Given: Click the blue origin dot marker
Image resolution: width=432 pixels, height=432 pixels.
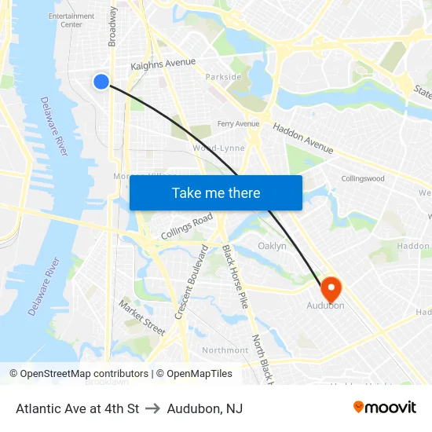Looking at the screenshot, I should coord(101,81).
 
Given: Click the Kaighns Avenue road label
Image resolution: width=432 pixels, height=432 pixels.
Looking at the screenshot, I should coord(163,65).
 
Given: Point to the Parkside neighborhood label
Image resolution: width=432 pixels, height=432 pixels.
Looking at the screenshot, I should coord(223,77).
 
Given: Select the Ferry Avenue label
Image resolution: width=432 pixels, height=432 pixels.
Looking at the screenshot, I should coord(238,124).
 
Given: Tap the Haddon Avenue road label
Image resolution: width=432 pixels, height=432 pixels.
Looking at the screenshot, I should coord(302,138).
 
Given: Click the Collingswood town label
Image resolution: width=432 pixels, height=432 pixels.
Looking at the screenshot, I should coord(363,178).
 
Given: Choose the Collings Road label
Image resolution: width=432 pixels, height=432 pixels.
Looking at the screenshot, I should coord(186,226).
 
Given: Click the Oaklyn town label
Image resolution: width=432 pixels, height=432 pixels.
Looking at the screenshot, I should coord(272,246).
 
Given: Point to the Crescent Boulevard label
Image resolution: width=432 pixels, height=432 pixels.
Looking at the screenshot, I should coord(191,281).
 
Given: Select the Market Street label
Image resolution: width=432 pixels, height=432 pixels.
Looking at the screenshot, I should coord(141,317).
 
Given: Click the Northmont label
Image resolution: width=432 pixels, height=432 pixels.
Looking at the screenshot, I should coord(225,350).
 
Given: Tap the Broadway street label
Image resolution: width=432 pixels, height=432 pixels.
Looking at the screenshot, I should coord(113,26).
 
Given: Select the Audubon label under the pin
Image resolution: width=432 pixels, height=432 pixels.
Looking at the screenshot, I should coord(325,306).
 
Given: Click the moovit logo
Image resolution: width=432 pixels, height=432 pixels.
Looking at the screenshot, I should coord(385,408).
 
